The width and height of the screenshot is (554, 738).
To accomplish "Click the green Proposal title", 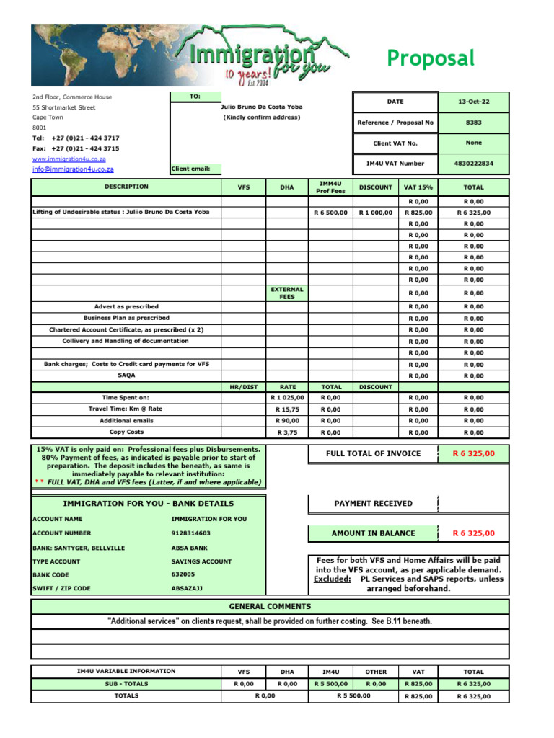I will pyautogui.click(x=431, y=58).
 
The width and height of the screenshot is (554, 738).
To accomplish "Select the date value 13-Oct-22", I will pyautogui.click(x=474, y=102).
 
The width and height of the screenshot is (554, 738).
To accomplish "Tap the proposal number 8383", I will pyautogui.click(x=474, y=123).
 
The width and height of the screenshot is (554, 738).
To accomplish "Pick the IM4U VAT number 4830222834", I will pyautogui.click(x=474, y=164).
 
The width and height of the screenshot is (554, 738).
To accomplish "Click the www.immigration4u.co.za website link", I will pyautogui.click(x=69, y=159).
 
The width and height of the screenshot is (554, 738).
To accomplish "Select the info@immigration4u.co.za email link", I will pyautogui.click(x=73, y=169).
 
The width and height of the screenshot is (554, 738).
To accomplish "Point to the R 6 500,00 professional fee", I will pyautogui.click(x=330, y=213).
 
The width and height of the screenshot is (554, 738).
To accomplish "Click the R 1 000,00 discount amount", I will pyautogui.click(x=375, y=213).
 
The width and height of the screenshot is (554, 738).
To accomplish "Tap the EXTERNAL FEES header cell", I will pyautogui.click(x=287, y=293).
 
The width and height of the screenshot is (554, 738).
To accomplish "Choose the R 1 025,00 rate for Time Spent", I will pyautogui.click(x=287, y=397).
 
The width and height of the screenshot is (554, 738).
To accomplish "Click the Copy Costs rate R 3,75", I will pyautogui.click(x=287, y=432).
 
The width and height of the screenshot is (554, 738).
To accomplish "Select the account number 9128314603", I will pyautogui.click(x=190, y=533).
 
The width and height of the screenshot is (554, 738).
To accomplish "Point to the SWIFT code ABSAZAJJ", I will pyautogui.click(x=187, y=588).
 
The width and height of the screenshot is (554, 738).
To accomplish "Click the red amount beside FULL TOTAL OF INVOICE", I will pyautogui.click(x=473, y=454).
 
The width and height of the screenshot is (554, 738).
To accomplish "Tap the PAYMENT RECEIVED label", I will pyautogui.click(x=373, y=504).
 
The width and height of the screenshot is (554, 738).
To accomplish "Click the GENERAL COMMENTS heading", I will pyautogui.click(x=270, y=606).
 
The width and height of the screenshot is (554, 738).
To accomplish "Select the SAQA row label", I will pyautogui.click(x=126, y=375).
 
